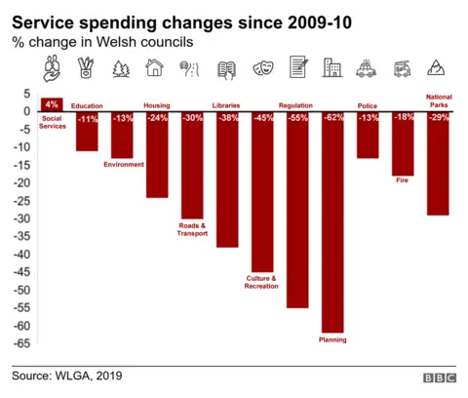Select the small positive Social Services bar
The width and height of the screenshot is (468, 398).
click(x=52, y=104)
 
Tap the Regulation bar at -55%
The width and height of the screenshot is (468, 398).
click(x=297, y=209)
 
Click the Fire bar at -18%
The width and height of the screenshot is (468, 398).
click(x=403, y=143)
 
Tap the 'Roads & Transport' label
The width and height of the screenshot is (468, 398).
click(x=192, y=230)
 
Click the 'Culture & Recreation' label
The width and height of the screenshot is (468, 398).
click(x=261, y=284)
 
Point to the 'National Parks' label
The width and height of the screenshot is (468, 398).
click(x=438, y=100)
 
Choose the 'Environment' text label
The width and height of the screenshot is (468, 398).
click(x=123, y=165)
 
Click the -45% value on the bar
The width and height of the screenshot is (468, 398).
click(x=262, y=118)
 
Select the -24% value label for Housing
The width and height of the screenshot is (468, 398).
click(x=157, y=118)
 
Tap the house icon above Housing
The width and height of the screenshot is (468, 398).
click(x=154, y=68)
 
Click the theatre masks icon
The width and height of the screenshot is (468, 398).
click(x=261, y=68)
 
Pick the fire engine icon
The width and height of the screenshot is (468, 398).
click(x=403, y=68)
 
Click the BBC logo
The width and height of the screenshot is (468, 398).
click(x=439, y=378)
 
